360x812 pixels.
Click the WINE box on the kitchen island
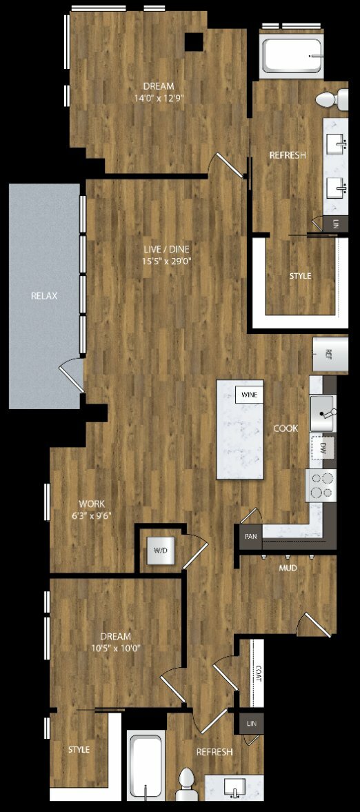pyautogui.click(x=249, y=395)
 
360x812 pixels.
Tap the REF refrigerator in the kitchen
pyautogui.click(x=330, y=354)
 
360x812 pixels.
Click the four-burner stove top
pyautogui.click(x=321, y=485)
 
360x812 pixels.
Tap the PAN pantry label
pyautogui.click(x=250, y=537)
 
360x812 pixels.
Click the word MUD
pyautogui.click(x=288, y=568)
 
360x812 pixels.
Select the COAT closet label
pyautogui.click(x=259, y=674)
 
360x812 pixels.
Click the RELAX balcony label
pyautogui.click(x=44, y=296)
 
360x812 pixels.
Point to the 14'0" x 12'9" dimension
pyautogui.click(x=159, y=98)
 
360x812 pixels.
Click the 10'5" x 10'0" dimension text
pyautogui.click(x=115, y=647)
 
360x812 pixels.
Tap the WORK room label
pyautogui.click(x=92, y=504)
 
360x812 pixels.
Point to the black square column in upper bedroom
pyautogui.click(x=194, y=41)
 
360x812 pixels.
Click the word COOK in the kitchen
pyautogui.click(x=286, y=429)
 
